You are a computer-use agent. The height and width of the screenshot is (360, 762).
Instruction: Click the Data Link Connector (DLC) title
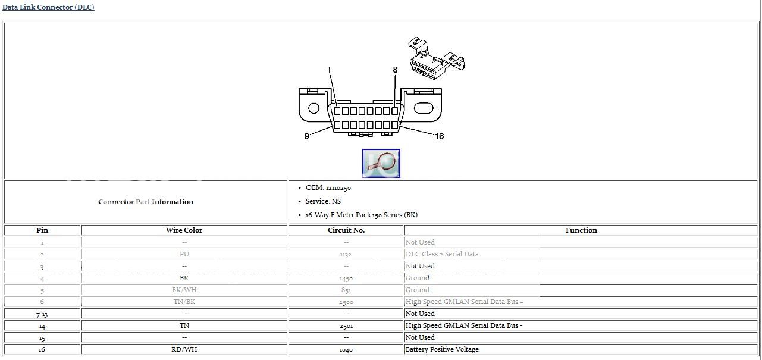coord(48,7)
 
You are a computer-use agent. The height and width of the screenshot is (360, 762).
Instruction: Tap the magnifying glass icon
coord(381,163)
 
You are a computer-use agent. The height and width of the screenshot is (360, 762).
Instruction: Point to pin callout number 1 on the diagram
coord(329,70)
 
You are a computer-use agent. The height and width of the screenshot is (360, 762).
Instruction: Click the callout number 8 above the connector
coord(395,70)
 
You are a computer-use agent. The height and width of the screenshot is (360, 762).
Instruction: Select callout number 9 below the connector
coord(306,136)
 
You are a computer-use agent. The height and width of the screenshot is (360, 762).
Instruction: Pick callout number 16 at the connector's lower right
coord(439,136)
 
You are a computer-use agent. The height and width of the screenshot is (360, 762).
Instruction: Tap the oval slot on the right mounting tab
coord(423,108)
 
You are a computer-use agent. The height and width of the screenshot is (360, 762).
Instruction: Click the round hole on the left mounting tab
coord(313,108)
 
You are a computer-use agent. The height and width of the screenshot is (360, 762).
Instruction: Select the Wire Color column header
coord(184,230)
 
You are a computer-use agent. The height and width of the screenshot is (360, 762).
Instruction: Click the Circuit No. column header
coord(346,230)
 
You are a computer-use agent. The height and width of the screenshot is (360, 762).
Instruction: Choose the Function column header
coord(581,230)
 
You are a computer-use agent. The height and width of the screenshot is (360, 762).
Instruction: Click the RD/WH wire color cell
coord(184,349)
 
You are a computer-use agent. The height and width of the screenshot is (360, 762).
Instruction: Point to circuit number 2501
coord(346,326)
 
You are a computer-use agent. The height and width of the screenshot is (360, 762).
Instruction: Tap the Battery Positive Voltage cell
coord(442,349)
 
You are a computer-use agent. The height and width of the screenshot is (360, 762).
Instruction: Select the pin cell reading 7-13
coord(42,314)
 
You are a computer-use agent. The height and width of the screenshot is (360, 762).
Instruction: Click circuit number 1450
coord(346,278)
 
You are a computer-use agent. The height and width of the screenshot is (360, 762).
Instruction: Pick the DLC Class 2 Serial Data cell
coord(442,254)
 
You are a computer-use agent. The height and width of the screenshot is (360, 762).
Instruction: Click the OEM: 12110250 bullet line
coord(328,188)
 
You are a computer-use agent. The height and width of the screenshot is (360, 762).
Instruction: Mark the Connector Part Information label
coord(146,202)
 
